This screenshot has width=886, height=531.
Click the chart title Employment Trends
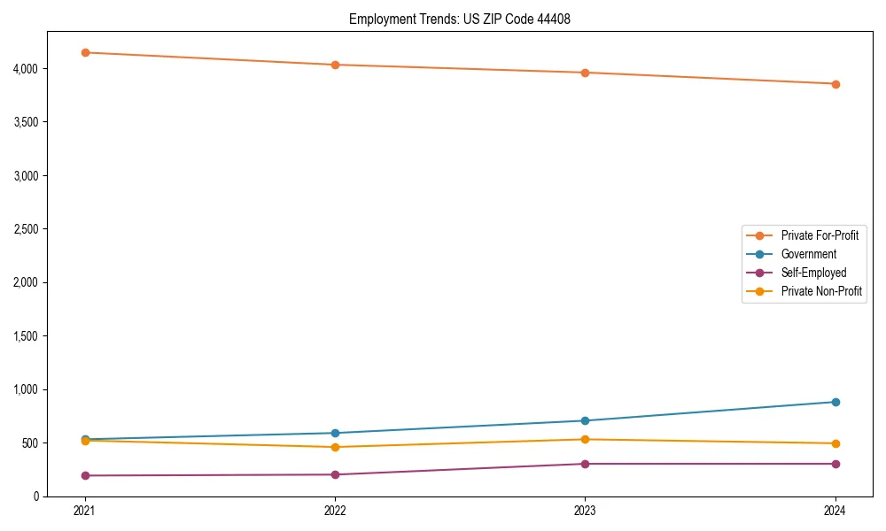[459, 19]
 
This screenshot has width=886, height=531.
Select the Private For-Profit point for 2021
[85, 52]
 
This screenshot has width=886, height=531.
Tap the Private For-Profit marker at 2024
[835, 84]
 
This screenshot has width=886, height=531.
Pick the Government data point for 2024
[835, 402]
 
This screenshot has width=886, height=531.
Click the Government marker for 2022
[335, 433]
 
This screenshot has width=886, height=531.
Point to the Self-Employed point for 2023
[585, 464]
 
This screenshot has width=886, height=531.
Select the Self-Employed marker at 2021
[85, 475]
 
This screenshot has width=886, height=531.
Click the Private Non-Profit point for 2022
[335, 447]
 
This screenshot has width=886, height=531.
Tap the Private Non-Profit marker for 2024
[835, 443]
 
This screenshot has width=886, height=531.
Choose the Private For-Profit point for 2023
[585, 73]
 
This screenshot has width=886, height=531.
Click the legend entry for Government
[808, 254]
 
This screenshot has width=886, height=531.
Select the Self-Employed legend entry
[813, 273]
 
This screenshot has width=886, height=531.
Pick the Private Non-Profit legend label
[821, 291]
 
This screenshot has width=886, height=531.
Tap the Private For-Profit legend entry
[820, 235]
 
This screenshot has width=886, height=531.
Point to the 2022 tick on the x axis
[335, 511]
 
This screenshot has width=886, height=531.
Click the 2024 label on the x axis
[835, 511]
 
